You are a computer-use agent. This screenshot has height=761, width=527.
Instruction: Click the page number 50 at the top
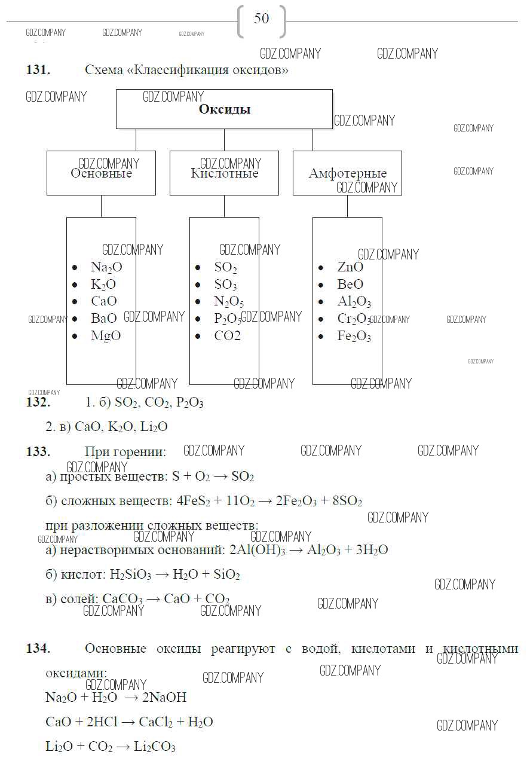[x=262, y=19]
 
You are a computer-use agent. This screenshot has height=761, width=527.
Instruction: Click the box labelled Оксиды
[x=224, y=109]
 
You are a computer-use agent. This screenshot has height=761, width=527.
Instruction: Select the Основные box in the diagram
[x=101, y=173]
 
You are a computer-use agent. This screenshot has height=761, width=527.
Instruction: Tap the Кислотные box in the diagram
[x=224, y=173]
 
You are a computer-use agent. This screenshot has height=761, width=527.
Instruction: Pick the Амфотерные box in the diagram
[x=347, y=173]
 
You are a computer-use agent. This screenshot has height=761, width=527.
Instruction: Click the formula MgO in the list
[x=106, y=336]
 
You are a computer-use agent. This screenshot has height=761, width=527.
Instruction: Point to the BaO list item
[x=104, y=319]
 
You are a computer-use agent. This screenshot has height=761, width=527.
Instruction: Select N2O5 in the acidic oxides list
[x=229, y=302]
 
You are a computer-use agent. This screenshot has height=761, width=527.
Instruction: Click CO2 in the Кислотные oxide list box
[x=228, y=336]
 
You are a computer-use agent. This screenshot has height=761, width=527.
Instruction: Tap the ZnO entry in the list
[x=350, y=267]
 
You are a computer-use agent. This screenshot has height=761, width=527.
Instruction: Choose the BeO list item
[x=350, y=285]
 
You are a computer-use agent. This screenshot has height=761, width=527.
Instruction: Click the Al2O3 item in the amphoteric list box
[x=354, y=302]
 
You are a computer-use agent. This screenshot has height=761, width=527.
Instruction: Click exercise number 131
[x=38, y=70]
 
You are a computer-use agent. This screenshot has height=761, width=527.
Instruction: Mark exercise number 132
[x=38, y=402]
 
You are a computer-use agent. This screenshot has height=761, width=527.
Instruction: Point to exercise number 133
[x=38, y=452]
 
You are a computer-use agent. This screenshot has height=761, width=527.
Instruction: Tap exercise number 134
[x=38, y=649]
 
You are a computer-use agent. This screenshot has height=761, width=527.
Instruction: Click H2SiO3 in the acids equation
[x=130, y=575]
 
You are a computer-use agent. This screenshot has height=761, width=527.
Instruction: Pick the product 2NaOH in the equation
[x=164, y=698]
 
